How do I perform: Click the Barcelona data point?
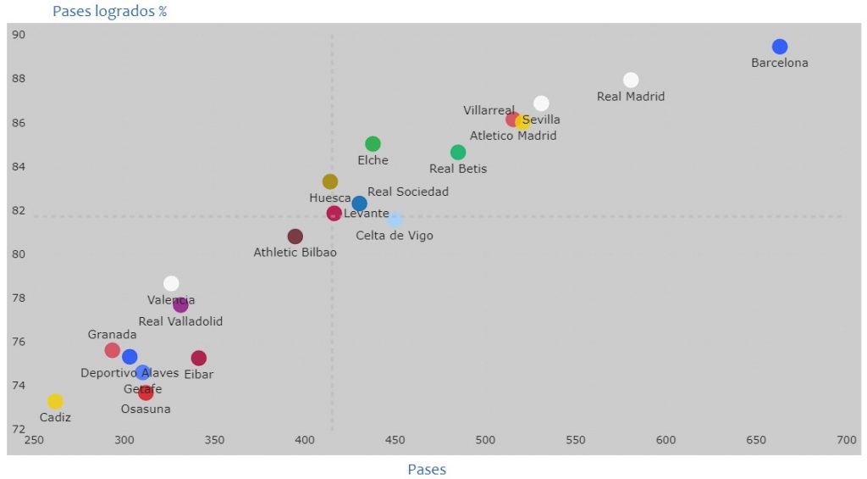pyautogui.click(x=780, y=47)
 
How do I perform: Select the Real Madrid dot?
pyautogui.click(x=631, y=80)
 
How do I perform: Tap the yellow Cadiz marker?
pyautogui.click(x=55, y=401)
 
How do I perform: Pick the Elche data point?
pyautogui.click(x=373, y=144)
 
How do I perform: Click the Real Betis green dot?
pyautogui.click(x=458, y=153)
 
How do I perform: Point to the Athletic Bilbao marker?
pyautogui.click(x=295, y=237)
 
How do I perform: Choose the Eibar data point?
pyautogui.click(x=199, y=358)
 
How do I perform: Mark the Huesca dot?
pyautogui.click(x=330, y=181)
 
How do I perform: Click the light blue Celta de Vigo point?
pyautogui.click(x=395, y=219)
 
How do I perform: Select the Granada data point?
pyautogui.click(x=113, y=350)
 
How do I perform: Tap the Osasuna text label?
pyautogui.click(x=146, y=409)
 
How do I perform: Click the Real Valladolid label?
pyautogui.click(x=180, y=321)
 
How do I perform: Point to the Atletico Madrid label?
pyautogui.click(x=513, y=136)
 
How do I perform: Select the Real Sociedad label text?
pyautogui.click(x=408, y=192)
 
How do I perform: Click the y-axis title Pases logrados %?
pyautogui.click(x=109, y=12)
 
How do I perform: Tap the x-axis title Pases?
pyautogui.click(x=427, y=469)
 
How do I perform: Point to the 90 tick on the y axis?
pyautogui.click(x=19, y=35)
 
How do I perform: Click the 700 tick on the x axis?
pyautogui.click(x=846, y=440)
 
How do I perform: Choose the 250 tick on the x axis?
pyautogui.click(x=34, y=440)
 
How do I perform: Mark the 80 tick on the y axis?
pyautogui.click(x=19, y=254)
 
